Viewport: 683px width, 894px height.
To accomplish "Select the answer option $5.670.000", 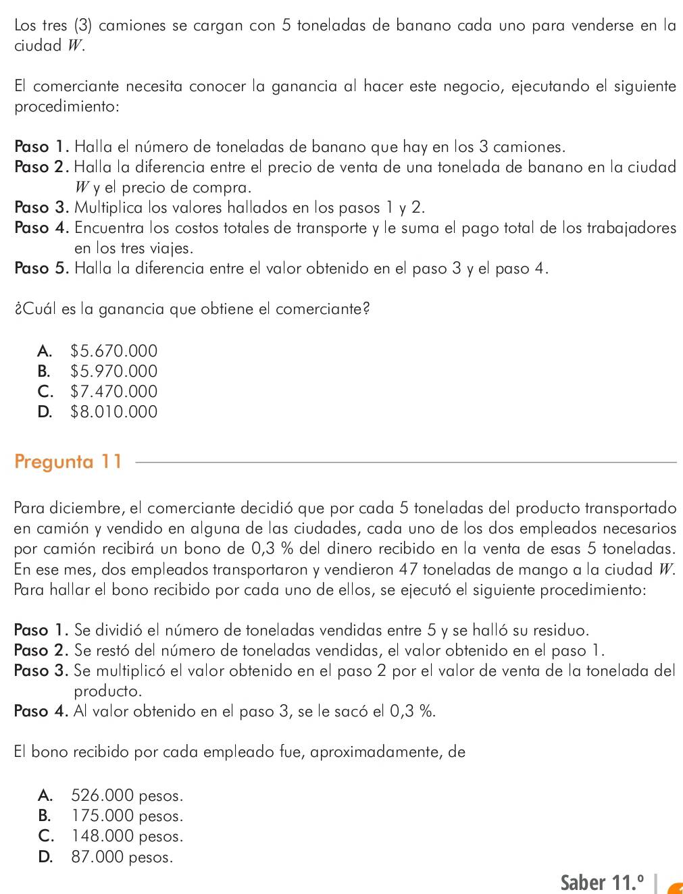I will tap(113, 351).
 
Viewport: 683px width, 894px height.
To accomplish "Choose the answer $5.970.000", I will tap(113, 371).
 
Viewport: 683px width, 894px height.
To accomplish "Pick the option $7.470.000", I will tap(113, 392).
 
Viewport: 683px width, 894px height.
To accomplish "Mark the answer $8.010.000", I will tap(113, 412).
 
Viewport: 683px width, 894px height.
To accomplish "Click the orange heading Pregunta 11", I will tap(68, 462).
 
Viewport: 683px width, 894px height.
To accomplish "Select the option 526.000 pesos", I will tap(126, 795).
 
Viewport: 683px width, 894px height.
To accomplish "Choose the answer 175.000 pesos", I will tap(126, 816).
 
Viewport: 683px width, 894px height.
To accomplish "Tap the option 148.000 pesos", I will tap(126, 836).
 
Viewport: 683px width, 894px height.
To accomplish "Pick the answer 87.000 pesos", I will tap(122, 857).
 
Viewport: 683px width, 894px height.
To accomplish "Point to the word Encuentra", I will tap(109, 228).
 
